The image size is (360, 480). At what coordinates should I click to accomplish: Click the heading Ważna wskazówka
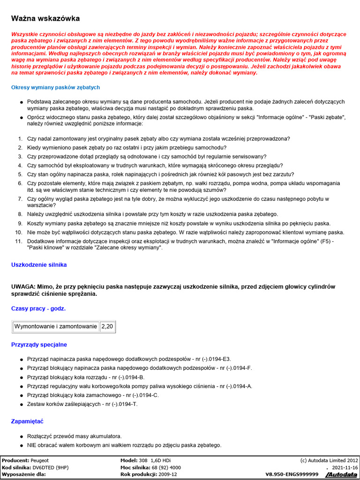click(x=45, y=18)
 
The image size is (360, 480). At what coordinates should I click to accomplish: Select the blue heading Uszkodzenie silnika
click(x=39, y=265)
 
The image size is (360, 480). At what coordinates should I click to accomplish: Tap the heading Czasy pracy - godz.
click(x=38, y=308)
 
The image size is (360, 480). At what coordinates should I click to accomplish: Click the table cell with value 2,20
click(x=107, y=326)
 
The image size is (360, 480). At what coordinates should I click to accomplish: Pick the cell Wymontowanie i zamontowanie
click(x=56, y=326)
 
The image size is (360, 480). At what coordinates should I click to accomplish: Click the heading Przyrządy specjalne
click(x=39, y=345)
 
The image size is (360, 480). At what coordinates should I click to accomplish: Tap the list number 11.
click(x=19, y=241)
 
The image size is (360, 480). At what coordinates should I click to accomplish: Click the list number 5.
click(x=20, y=174)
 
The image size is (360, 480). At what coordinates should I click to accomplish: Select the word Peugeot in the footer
click(x=40, y=460)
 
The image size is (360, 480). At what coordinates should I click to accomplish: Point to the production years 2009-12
click(x=167, y=474)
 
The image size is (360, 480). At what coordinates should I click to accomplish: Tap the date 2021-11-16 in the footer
click(x=345, y=467)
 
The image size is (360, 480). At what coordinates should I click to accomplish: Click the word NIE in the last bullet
click(x=32, y=445)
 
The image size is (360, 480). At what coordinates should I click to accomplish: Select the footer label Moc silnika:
click(x=135, y=467)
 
